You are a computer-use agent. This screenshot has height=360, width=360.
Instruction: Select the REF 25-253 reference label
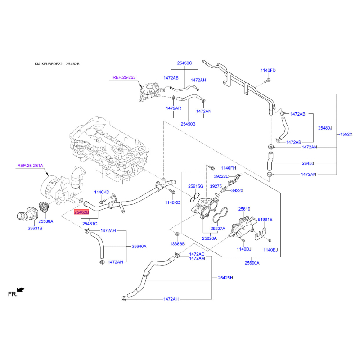(124, 77)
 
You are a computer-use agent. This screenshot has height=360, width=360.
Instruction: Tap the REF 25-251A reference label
(30, 166)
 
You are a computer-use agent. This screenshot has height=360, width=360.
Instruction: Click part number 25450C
(184, 63)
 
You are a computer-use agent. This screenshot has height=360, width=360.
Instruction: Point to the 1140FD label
(268, 71)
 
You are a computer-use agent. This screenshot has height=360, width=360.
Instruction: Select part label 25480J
(324, 128)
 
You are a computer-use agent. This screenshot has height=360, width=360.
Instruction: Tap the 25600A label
(252, 263)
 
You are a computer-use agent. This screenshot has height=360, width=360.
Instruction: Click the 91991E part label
(265, 220)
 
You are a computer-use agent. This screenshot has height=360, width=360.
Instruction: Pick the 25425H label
(225, 278)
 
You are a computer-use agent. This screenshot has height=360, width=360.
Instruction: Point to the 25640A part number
(139, 246)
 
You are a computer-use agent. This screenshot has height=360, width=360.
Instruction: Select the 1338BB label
(177, 243)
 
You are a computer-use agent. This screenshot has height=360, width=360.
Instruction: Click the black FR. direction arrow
(20, 290)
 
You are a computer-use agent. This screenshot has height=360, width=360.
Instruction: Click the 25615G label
(196, 186)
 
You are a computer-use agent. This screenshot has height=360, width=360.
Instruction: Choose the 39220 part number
(237, 190)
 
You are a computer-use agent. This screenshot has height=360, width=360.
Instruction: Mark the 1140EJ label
(271, 250)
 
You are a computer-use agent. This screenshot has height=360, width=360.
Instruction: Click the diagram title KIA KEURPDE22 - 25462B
(57, 64)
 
